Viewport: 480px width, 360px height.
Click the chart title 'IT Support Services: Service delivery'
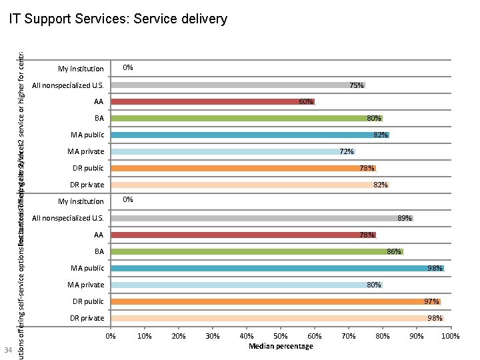118,19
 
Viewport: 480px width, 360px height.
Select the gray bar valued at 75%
238,85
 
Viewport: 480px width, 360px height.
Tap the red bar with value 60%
213,102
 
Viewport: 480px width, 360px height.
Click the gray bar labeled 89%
262,218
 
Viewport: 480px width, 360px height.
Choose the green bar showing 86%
257,251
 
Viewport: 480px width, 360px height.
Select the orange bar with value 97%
275,301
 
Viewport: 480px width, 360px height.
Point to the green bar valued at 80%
247,119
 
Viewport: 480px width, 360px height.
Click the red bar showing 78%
243,235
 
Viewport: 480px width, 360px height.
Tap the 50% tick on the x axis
281,336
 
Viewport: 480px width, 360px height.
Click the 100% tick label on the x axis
451,336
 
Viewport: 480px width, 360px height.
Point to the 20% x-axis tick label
179,336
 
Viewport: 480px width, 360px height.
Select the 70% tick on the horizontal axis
349,336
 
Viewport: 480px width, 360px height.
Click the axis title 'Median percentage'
281,346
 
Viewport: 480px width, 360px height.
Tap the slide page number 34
8,351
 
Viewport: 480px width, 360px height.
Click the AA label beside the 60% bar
99,102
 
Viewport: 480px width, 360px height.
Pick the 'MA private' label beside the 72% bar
85,151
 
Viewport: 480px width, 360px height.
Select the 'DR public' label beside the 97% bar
87,301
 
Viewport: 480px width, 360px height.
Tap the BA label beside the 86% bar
99,251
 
